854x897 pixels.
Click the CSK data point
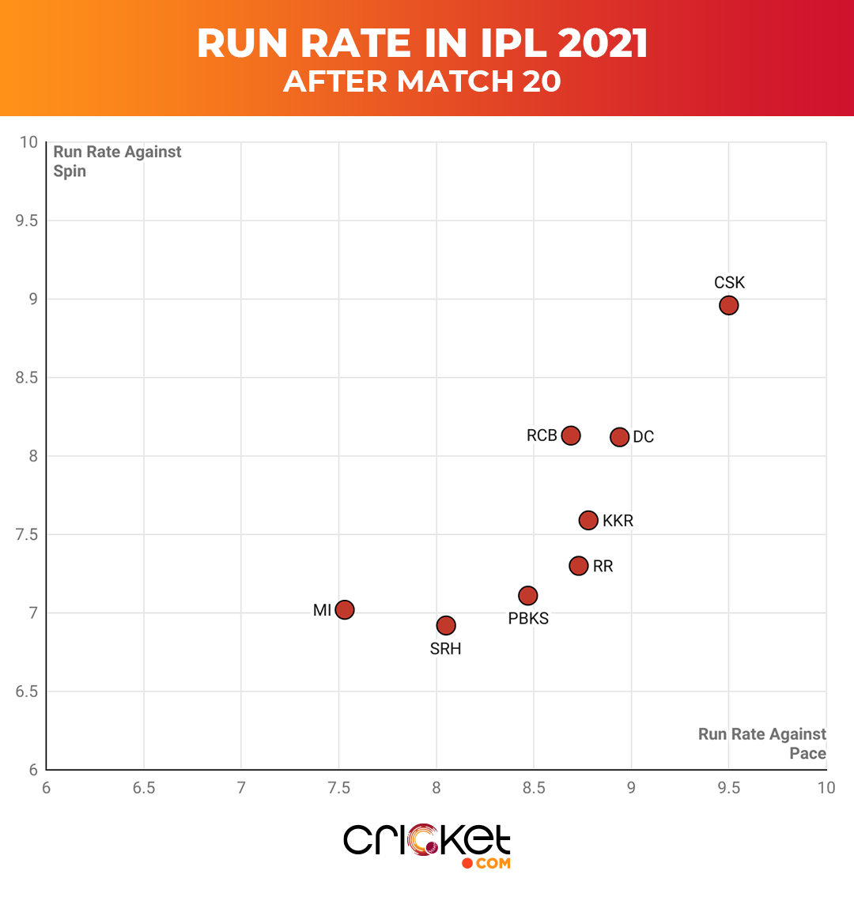[x=728, y=305]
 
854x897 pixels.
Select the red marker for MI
[x=344, y=609]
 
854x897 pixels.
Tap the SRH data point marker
[x=446, y=625]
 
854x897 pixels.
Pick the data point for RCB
[x=571, y=435]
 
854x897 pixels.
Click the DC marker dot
[x=619, y=437]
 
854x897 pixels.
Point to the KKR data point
[x=588, y=520]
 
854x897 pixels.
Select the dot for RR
[x=579, y=566]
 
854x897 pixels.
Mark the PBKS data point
[x=527, y=595]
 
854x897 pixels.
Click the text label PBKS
[x=528, y=619]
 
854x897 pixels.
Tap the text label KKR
[x=618, y=521]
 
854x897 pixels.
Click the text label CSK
[x=729, y=283]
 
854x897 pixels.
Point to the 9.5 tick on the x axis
[x=728, y=788]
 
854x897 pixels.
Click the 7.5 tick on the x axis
[x=338, y=788]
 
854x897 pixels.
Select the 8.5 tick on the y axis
[x=27, y=378]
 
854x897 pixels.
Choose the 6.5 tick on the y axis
[x=27, y=692]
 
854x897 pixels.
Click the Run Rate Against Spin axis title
[x=117, y=161]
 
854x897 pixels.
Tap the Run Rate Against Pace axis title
[x=762, y=744]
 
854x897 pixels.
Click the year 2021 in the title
[x=603, y=43]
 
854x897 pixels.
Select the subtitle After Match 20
[x=422, y=81]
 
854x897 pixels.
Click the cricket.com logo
[x=427, y=845]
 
